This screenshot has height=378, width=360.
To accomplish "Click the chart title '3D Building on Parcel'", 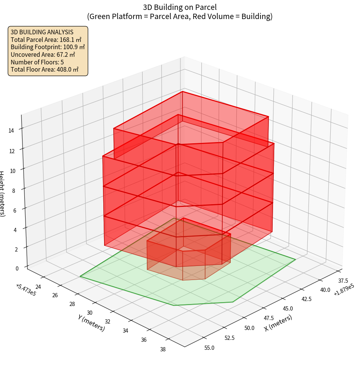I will pos(180,7).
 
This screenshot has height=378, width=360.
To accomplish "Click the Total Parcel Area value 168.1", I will pos(70,40).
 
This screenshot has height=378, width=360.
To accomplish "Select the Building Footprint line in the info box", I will pos(48,47).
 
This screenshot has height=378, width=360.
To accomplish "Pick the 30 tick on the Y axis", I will pos(90,312).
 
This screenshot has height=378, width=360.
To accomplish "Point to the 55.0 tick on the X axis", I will pos(209,348).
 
